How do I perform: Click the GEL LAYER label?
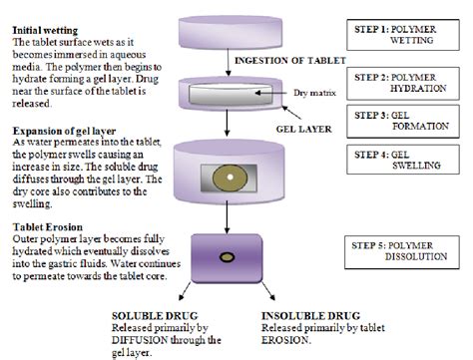tap(294, 130)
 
